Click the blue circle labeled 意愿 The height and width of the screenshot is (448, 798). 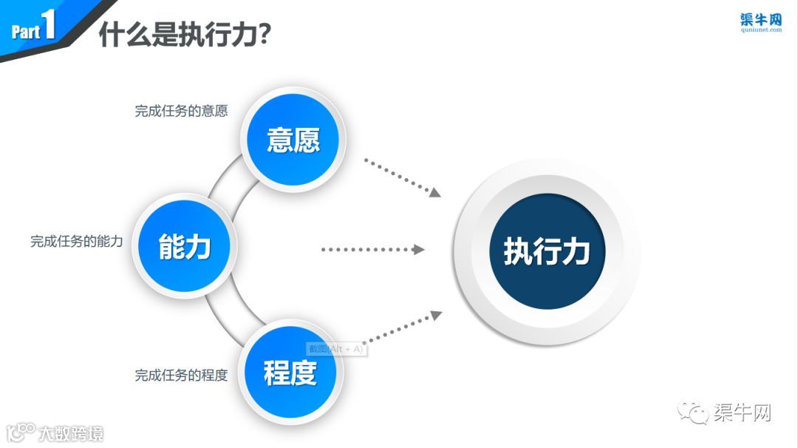tap(293, 139)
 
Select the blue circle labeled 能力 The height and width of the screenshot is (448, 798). tap(184, 246)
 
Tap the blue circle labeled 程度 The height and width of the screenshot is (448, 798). tap(290, 372)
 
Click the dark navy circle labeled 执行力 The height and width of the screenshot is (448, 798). tap(547, 251)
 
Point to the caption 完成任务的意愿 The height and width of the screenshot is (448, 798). tap(181, 112)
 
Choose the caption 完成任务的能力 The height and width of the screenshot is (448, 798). tap(77, 241)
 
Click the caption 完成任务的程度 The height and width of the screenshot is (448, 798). tap(181, 375)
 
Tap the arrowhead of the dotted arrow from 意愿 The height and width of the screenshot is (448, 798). tap(436, 192)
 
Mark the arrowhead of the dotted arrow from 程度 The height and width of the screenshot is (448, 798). tap(436, 315)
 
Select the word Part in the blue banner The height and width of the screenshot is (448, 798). tap(25, 32)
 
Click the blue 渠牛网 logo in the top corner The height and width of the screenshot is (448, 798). tap(760, 19)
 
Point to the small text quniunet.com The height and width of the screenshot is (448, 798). tap(760, 31)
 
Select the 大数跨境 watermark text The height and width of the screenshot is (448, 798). tap(71, 432)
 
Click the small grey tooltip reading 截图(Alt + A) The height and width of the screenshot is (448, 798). tap(336, 348)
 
